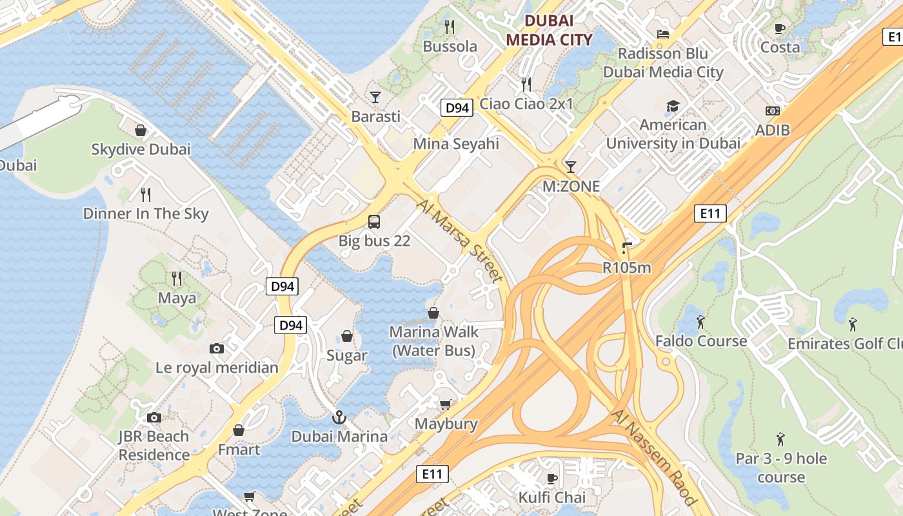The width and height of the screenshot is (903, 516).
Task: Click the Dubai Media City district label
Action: (x=548, y=30)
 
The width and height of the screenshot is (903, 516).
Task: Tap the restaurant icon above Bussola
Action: (x=450, y=27)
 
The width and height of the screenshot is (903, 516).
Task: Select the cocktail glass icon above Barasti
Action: (x=375, y=97)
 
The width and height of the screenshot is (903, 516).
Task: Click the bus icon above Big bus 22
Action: (x=374, y=222)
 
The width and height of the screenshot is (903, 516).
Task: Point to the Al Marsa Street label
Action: (x=460, y=241)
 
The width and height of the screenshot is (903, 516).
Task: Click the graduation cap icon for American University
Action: (x=673, y=106)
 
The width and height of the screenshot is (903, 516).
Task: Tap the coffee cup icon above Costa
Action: (x=780, y=28)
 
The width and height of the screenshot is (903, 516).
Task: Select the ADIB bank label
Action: (x=773, y=131)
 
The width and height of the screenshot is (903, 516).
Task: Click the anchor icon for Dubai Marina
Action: (x=339, y=417)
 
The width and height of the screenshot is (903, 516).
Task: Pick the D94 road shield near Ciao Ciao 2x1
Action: (x=457, y=108)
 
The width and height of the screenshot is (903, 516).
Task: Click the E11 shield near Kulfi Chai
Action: (x=432, y=474)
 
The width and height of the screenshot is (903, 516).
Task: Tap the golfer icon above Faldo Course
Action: (x=701, y=321)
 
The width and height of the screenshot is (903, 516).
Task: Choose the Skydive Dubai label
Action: (x=141, y=149)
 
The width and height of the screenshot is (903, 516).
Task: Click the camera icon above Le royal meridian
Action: (x=217, y=348)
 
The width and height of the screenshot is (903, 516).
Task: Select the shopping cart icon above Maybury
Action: (x=445, y=404)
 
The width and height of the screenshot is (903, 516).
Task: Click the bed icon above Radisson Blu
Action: (x=662, y=34)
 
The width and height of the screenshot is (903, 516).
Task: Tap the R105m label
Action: (x=626, y=267)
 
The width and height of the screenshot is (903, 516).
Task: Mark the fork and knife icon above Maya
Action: (x=177, y=279)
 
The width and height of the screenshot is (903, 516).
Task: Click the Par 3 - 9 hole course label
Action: (x=781, y=468)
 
